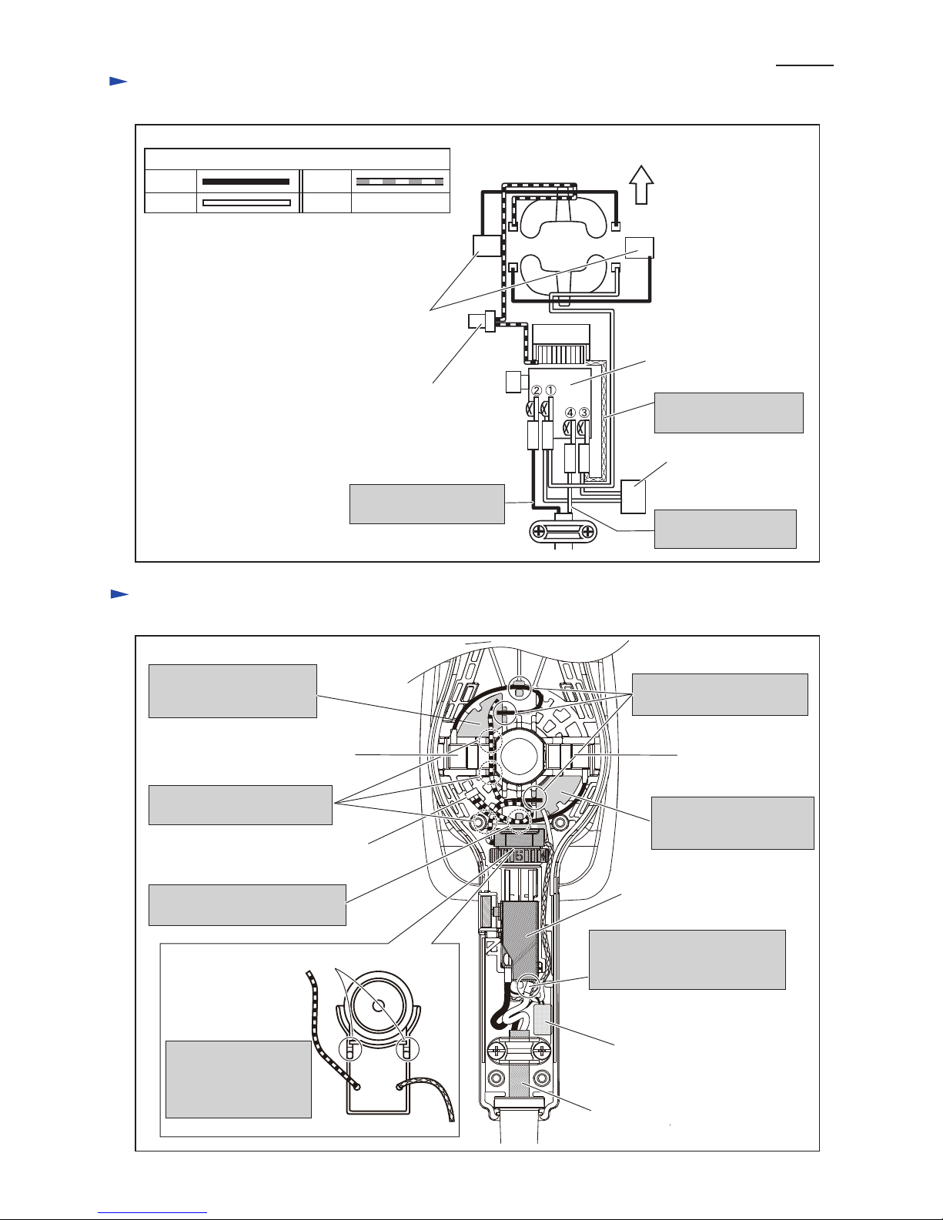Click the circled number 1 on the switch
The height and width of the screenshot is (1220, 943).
point(550,389)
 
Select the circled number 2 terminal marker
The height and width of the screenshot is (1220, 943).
point(537,390)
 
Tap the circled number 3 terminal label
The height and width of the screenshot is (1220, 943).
point(584,413)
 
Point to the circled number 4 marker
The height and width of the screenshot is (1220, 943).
point(570,413)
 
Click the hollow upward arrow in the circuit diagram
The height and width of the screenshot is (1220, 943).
point(641,185)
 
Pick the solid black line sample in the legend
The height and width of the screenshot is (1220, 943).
point(246,182)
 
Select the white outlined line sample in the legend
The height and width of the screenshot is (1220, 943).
point(246,202)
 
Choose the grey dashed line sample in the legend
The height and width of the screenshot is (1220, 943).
point(400,182)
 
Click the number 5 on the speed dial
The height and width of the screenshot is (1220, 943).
point(519,856)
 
